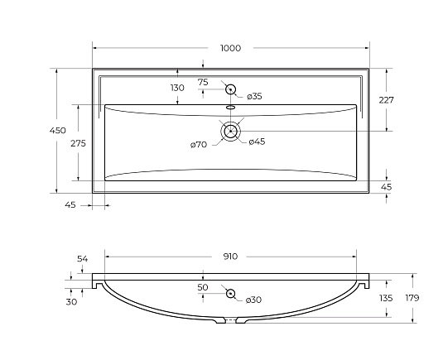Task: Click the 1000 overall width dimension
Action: (230, 48)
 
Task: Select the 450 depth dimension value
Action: (58, 131)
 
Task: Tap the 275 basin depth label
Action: (78, 143)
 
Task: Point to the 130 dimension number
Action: (177, 88)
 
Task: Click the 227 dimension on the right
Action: (386, 100)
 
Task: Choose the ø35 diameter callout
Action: (254, 96)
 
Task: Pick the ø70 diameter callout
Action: (199, 145)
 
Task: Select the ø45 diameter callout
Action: (257, 142)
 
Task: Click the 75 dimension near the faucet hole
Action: (203, 82)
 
